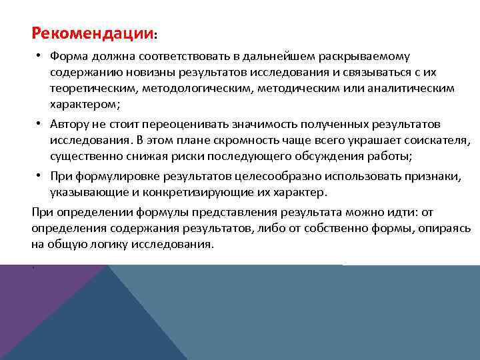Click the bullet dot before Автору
coord(39,125)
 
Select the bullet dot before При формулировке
coord(39,177)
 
